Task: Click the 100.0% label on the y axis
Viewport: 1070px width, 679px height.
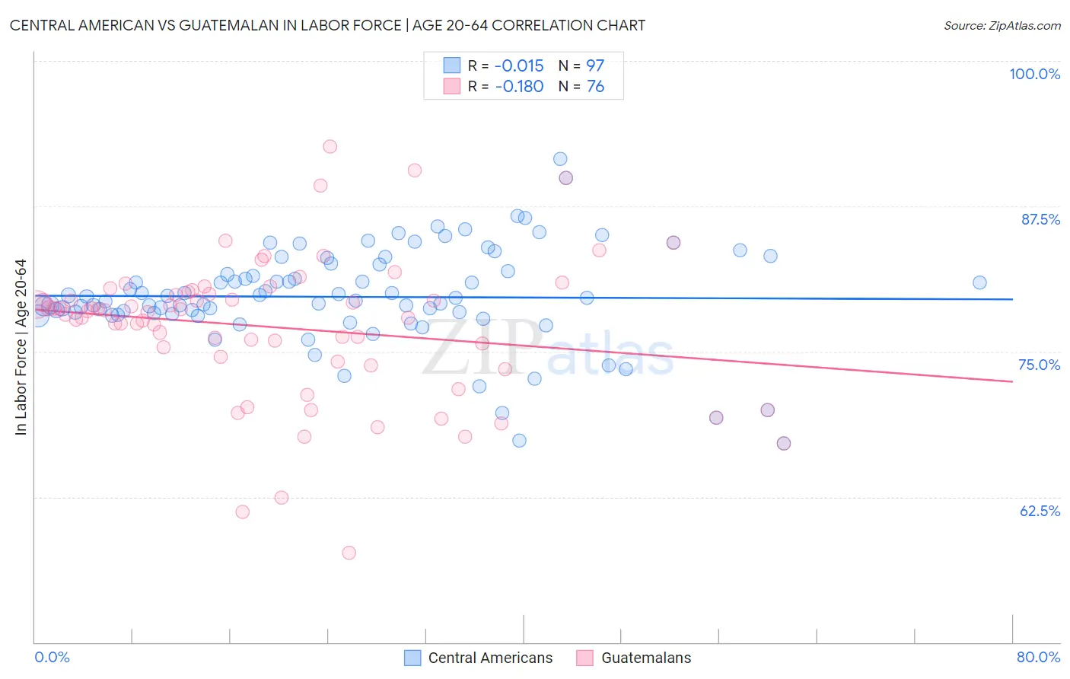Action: [x=1034, y=74]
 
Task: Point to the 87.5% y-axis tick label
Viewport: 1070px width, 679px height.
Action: [x=1040, y=219]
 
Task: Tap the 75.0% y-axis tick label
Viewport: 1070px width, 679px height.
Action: [x=1039, y=365]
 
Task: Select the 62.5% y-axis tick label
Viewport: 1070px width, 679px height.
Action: [x=1040, y=511]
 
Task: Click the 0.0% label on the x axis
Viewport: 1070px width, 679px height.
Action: [x=52, y=657]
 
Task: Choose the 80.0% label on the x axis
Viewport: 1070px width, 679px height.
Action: [x=1038, y=657]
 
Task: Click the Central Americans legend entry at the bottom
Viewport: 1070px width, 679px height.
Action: [x=490, y=658]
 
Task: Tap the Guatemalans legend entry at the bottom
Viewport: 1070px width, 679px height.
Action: [x=646, y=658]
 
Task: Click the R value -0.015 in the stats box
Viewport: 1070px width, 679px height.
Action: [x=519, y=65]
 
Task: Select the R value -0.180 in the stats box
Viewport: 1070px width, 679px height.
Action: [x=519, y=87]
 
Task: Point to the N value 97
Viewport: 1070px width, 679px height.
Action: [x=595, y=65]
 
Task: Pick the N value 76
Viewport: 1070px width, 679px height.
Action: [x=595, y=87]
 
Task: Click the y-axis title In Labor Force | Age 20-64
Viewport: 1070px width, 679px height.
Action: [x=21, y=347]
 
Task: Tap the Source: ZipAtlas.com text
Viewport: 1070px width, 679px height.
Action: [x=1002, y=26]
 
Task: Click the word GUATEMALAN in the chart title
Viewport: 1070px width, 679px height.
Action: [x=228, y=25]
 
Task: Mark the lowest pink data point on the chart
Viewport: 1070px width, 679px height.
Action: [x=349, y=553]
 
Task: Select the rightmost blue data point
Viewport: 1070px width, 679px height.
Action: [x=979, y=282]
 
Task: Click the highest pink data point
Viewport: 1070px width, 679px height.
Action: [x=330, y=146]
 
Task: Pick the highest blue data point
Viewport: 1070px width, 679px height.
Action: [x=560, y=159]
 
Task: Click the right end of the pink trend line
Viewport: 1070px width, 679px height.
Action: [x=1012, y=381]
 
